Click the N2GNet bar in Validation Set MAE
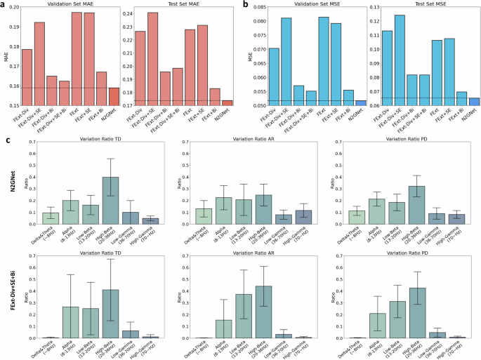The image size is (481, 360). (x=114, y=96)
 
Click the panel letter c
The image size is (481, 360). (x=7, y=140)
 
